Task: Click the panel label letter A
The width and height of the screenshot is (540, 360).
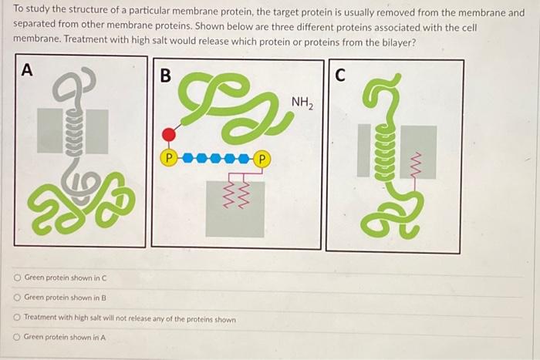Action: pos(27,70)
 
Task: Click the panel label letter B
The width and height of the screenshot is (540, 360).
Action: pos(165,76)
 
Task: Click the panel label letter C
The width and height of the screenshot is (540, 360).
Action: pos(341,75)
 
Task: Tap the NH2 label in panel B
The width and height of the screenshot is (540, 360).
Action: pos(302,103)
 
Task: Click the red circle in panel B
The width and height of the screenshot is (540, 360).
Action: pos(169,136)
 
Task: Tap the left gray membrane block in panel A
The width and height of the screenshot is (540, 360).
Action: pos(50,130)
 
